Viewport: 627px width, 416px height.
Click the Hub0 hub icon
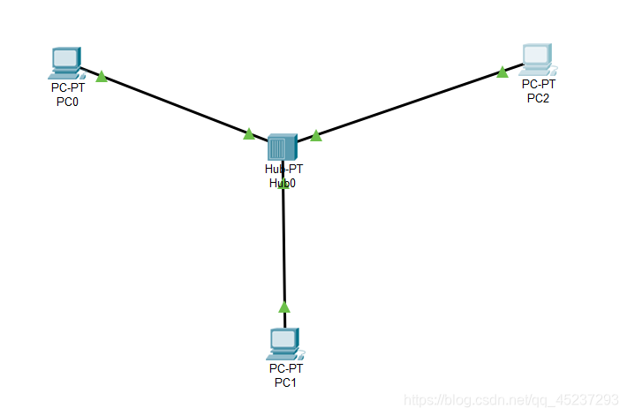click(x=282, y=146)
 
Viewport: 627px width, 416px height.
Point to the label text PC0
click(x=66, y=102)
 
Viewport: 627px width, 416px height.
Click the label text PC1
click(x=285, y=382)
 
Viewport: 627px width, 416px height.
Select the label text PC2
click(x=538, y=97)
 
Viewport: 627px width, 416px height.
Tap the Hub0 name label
click(x=283, y=183)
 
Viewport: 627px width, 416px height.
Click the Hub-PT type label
click(x=283, y=169)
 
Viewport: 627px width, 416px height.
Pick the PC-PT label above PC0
click(x=67, y=88)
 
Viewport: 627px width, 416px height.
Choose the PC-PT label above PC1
click(x=285, y=367)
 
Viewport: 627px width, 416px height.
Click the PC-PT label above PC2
click(x=538, y=84)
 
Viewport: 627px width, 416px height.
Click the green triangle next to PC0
click(x=102, y=77)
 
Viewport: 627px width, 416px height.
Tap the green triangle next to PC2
click(x=502, y=72)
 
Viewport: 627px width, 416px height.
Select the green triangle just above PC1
click(x=283, y=306)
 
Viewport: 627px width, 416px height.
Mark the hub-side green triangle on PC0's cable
click(x=249, y=133)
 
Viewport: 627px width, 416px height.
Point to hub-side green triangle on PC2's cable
click(x=315, y=135)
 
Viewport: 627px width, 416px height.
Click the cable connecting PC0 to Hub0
click(x=177, y=106)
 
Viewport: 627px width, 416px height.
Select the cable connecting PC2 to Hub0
click(x=406, y=103)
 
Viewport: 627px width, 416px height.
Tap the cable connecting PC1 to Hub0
click(x=283, y=247)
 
